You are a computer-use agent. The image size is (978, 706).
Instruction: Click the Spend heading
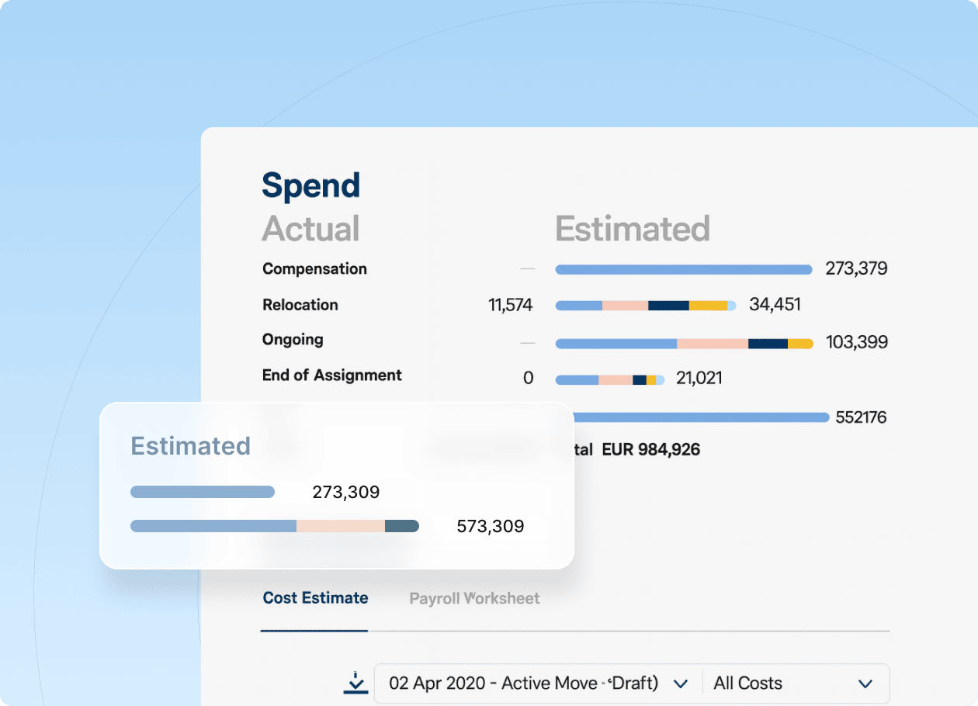[x=311, y=186]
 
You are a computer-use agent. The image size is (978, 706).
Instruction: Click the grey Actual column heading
[x=310, y=229]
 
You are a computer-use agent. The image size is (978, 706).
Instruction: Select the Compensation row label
[x=314, y=269]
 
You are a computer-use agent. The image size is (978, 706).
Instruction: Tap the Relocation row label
[x=300, y=305]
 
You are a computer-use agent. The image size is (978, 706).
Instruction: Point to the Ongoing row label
[x=293, y=340]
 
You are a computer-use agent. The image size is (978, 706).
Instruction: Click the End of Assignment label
[x=332, y=375]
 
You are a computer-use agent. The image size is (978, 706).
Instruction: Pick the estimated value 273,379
[x=856, y=269]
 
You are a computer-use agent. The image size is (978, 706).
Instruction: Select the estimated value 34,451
[x=775, y=305]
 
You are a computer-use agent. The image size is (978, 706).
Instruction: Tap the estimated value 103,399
[x=857, y=342]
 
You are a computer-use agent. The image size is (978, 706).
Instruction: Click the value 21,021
[x=699, y=379]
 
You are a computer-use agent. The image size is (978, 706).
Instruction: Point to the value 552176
[x=861, y=417]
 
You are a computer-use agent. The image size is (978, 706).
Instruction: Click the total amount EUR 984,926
[x=650, y=450]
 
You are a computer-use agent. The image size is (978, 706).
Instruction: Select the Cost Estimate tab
[x=315, y=598]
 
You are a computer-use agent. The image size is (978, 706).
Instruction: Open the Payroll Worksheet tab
[x=474, y=599]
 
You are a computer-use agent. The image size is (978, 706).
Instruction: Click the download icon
[x=355, y=683]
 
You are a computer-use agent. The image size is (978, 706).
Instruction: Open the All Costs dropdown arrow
[x=865, y=684]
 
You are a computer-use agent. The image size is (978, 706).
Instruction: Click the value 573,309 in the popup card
[x=490, y=527]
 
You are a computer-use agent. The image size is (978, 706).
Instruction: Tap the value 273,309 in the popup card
[x=345, y=492]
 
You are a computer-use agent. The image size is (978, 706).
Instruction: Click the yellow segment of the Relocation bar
[x=708, y=306]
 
